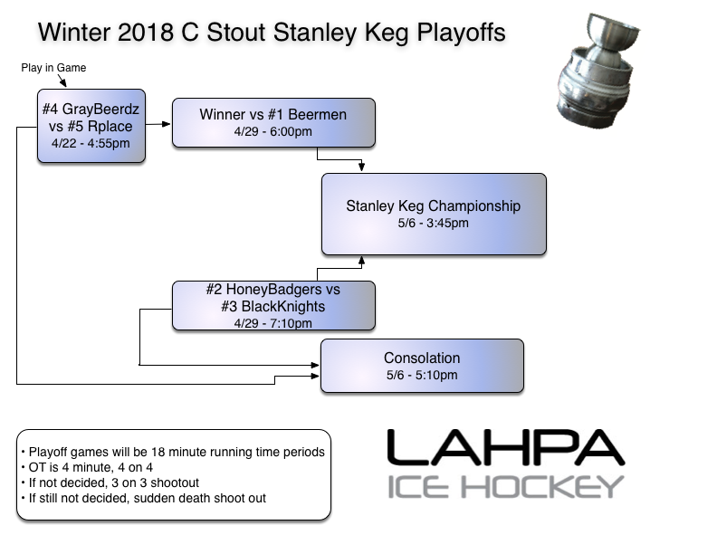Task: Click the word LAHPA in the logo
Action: pos(505,448)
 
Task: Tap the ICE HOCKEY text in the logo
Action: pos(506,486)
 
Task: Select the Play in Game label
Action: pos(53,68)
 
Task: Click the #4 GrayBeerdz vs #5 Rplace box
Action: pos(91,125)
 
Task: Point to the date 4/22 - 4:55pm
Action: pos(91,143)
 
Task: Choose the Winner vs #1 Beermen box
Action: pos(272,121)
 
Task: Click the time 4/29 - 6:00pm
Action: pos(272,132)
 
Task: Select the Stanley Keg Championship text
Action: pos(433,205)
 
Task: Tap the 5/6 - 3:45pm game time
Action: pos(433,223)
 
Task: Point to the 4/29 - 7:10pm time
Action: pos(272,323)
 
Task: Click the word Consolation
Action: pos(422,358)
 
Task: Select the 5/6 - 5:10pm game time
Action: pos(422,375)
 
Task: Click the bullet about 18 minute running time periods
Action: pos(172,452)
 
